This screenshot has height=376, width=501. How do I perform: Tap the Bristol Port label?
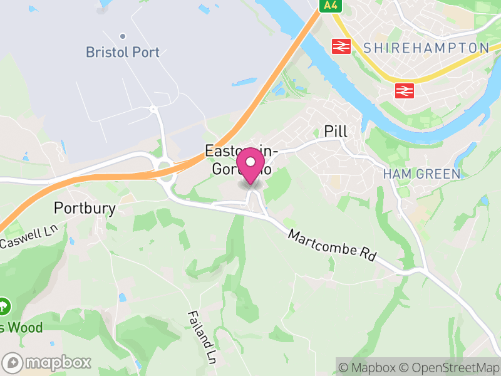point(123,53)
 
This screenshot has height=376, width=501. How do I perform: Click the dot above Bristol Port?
point(123,36)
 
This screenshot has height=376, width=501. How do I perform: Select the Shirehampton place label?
point(426,48)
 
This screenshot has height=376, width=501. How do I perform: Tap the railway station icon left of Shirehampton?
point(341,46)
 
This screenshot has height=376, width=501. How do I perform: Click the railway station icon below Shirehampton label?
point(404,91)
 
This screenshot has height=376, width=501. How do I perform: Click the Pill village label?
point(336,131)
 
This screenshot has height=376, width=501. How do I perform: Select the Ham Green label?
point(421,174)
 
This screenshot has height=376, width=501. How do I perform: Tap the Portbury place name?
point(85,208)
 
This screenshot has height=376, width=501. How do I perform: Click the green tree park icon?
point(4,307)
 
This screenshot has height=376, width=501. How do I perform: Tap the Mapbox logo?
point(47,362)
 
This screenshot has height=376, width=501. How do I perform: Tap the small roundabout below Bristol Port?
point(153,109)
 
